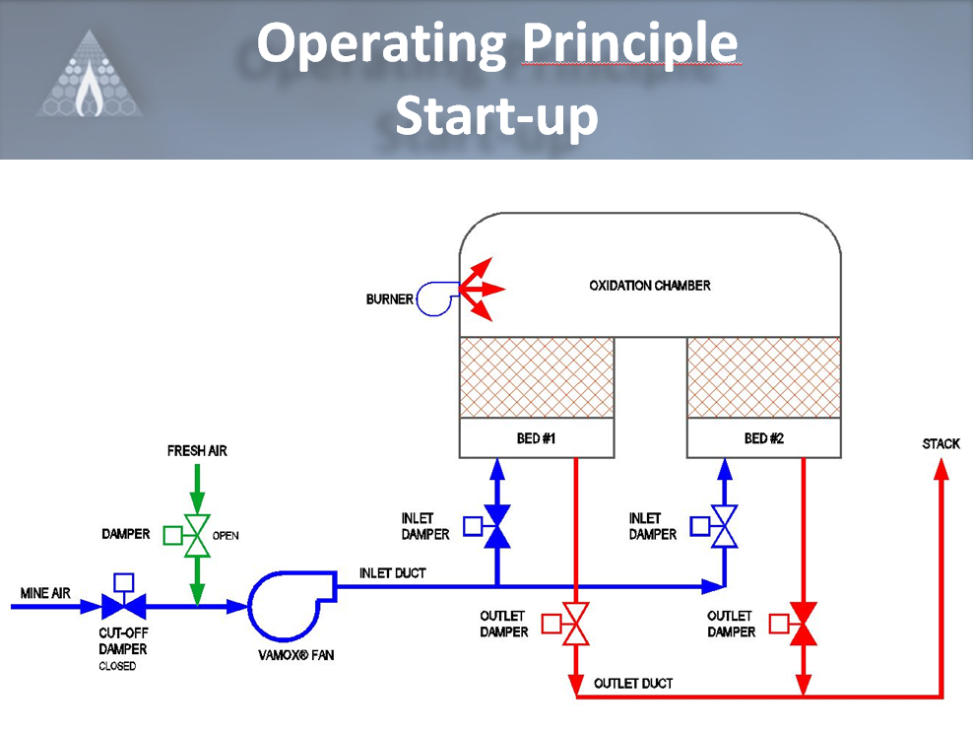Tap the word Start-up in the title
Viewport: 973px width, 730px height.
coord(496,115)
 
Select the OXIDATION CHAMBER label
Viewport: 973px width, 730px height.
coord(650,286)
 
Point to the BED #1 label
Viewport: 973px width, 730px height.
coord(537,438)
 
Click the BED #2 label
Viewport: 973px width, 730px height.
coord(764,438)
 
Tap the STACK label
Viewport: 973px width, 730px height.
coord(941,444)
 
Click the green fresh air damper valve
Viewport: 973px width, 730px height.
coord(197,536)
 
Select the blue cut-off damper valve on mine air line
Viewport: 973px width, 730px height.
coord(124,606)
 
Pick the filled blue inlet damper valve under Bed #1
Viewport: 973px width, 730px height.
coord(497,527)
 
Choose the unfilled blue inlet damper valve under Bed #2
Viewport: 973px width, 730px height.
coord(725,527)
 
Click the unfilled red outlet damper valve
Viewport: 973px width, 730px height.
coord(575,625)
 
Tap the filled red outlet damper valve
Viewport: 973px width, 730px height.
coord(804,624)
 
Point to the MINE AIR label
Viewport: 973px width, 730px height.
coord(43,593)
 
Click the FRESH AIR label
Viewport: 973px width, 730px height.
coord(197,451)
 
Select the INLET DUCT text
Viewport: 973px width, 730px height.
coord(392,573)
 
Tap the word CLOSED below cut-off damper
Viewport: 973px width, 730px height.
coord(117,667)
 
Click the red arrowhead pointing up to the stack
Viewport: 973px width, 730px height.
coord(941,470)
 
